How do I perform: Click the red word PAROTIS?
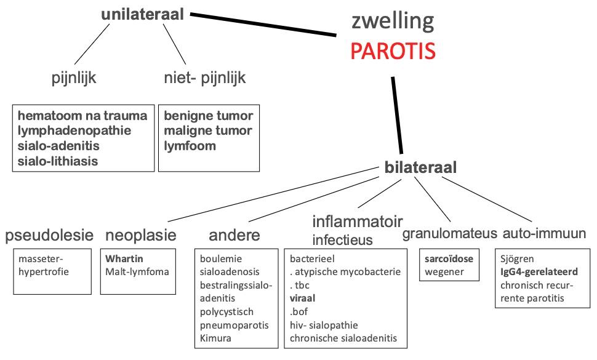[x=393, y=51]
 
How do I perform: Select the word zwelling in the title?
[x=393, y=22]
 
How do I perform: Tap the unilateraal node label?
[x=142, y=14]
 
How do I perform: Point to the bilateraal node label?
[x=420, y=167]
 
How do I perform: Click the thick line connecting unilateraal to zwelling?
[x=263, y=25]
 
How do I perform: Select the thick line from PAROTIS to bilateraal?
[x=397, y=115]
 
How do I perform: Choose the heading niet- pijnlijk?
[x=205, y=78]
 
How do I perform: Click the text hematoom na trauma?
[x=82, y=116]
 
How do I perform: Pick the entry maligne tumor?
[x=208, y=131]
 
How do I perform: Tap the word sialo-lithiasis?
[x=58, y=161]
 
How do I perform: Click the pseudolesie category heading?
[x=49, y=235]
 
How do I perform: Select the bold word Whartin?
[x=124, y=259]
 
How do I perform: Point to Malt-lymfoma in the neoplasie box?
[x=137, y=272]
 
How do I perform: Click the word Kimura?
[x=215, y=338]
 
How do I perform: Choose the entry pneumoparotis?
[x=234, y=326]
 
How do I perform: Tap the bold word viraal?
[x=302, y=298]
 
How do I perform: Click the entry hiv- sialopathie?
[x=324, y=325]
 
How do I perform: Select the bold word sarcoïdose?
[x=449, y=259]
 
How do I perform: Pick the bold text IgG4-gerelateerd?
[x=539, y=272]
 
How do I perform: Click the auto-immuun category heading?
[x=545, y=233]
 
